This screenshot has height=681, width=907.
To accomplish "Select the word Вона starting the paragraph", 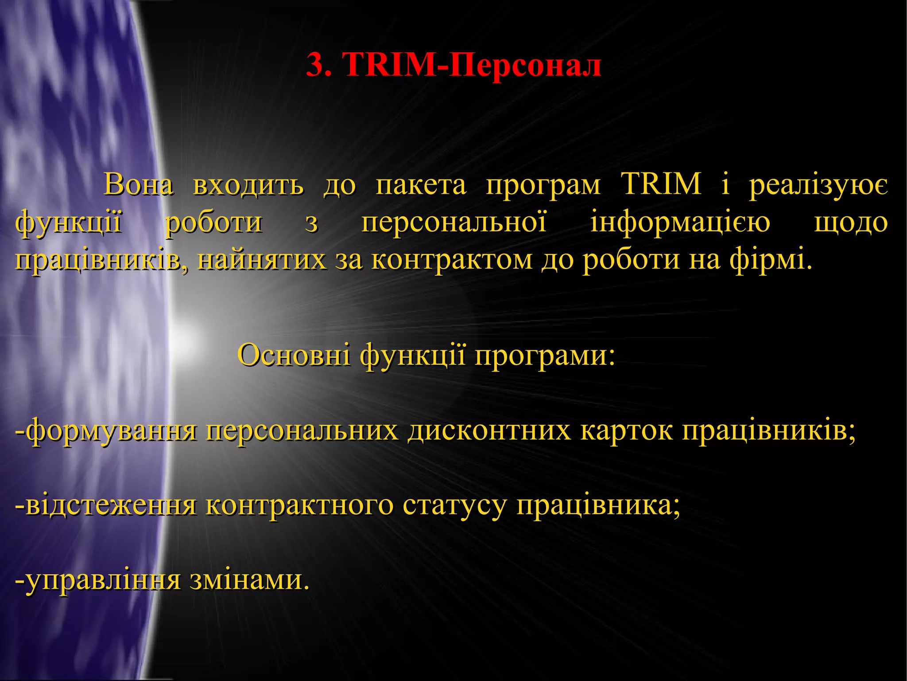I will [138, 184].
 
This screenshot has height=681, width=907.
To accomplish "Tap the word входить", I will [248, 184].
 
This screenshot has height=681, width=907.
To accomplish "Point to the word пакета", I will [421, 184].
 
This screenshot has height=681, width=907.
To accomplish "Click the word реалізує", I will [818, 184].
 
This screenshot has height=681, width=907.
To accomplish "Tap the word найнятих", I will [261, 259].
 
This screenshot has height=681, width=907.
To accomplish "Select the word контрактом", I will [452, 259].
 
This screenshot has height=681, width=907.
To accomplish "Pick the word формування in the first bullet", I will [111, 430].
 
